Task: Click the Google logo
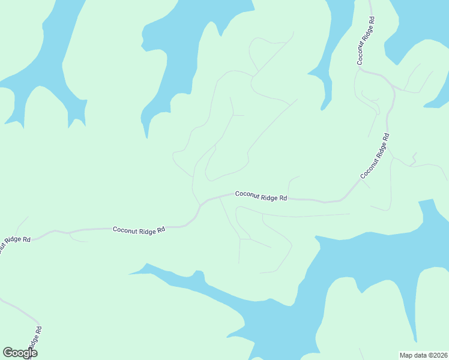[x=20, y=353]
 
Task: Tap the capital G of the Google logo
[x=8, y=353]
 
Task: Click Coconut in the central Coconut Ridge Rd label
[x=247, y=194]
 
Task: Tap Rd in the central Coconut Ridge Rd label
[x=283, y=197]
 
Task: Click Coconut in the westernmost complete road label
[x=124, y=229]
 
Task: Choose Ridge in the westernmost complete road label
[x=146, y=229]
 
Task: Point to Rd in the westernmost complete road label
[x=161, y=229]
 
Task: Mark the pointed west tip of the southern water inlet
[x=129, y=274]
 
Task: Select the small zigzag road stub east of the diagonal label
[x=414, y=159]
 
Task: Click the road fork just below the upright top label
[x=358, y=70]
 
